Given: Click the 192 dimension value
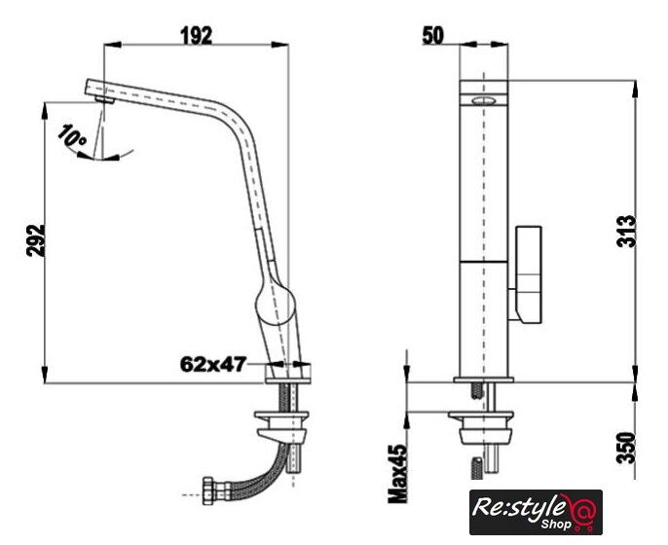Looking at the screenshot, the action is [x=197, y=36].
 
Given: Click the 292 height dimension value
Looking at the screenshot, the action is [x=36, y=240].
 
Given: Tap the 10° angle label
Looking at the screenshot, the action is [x=72, y=135].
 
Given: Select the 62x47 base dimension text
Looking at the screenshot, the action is [x=213, y=364].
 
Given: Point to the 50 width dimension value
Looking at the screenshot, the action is [x=432, y=35].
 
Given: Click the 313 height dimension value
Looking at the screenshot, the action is [x=626, y=232].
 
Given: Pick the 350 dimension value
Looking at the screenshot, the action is [x=626, y=448].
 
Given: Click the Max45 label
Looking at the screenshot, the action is [x=398, y=473].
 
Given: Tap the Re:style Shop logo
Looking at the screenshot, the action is [x=536, y=512].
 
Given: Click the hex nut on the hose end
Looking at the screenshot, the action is [x=208, y=490].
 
